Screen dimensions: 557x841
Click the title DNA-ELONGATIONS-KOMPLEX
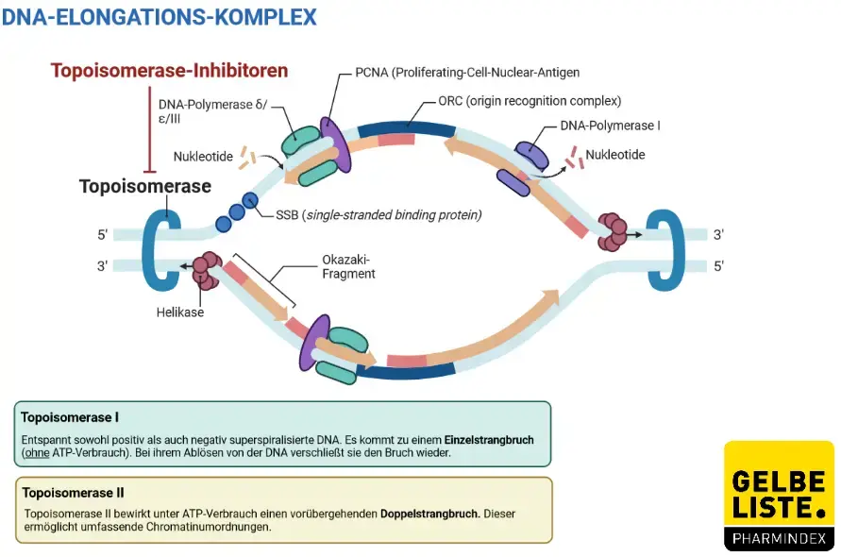(x=160, y=17)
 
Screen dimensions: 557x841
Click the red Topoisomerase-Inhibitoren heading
(x=169, y=71)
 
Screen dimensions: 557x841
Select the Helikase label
(x=181, y=312)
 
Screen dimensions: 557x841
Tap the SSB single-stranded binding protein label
(x=378, y=215)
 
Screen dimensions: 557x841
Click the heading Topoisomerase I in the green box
(x=70, y=416)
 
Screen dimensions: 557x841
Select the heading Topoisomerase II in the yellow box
(x=73, y=492)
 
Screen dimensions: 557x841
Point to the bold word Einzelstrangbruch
(x=489, y=439)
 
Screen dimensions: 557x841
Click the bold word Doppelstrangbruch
(x=429, y=514)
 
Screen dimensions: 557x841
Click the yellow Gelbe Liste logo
(x=779, y=496)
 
